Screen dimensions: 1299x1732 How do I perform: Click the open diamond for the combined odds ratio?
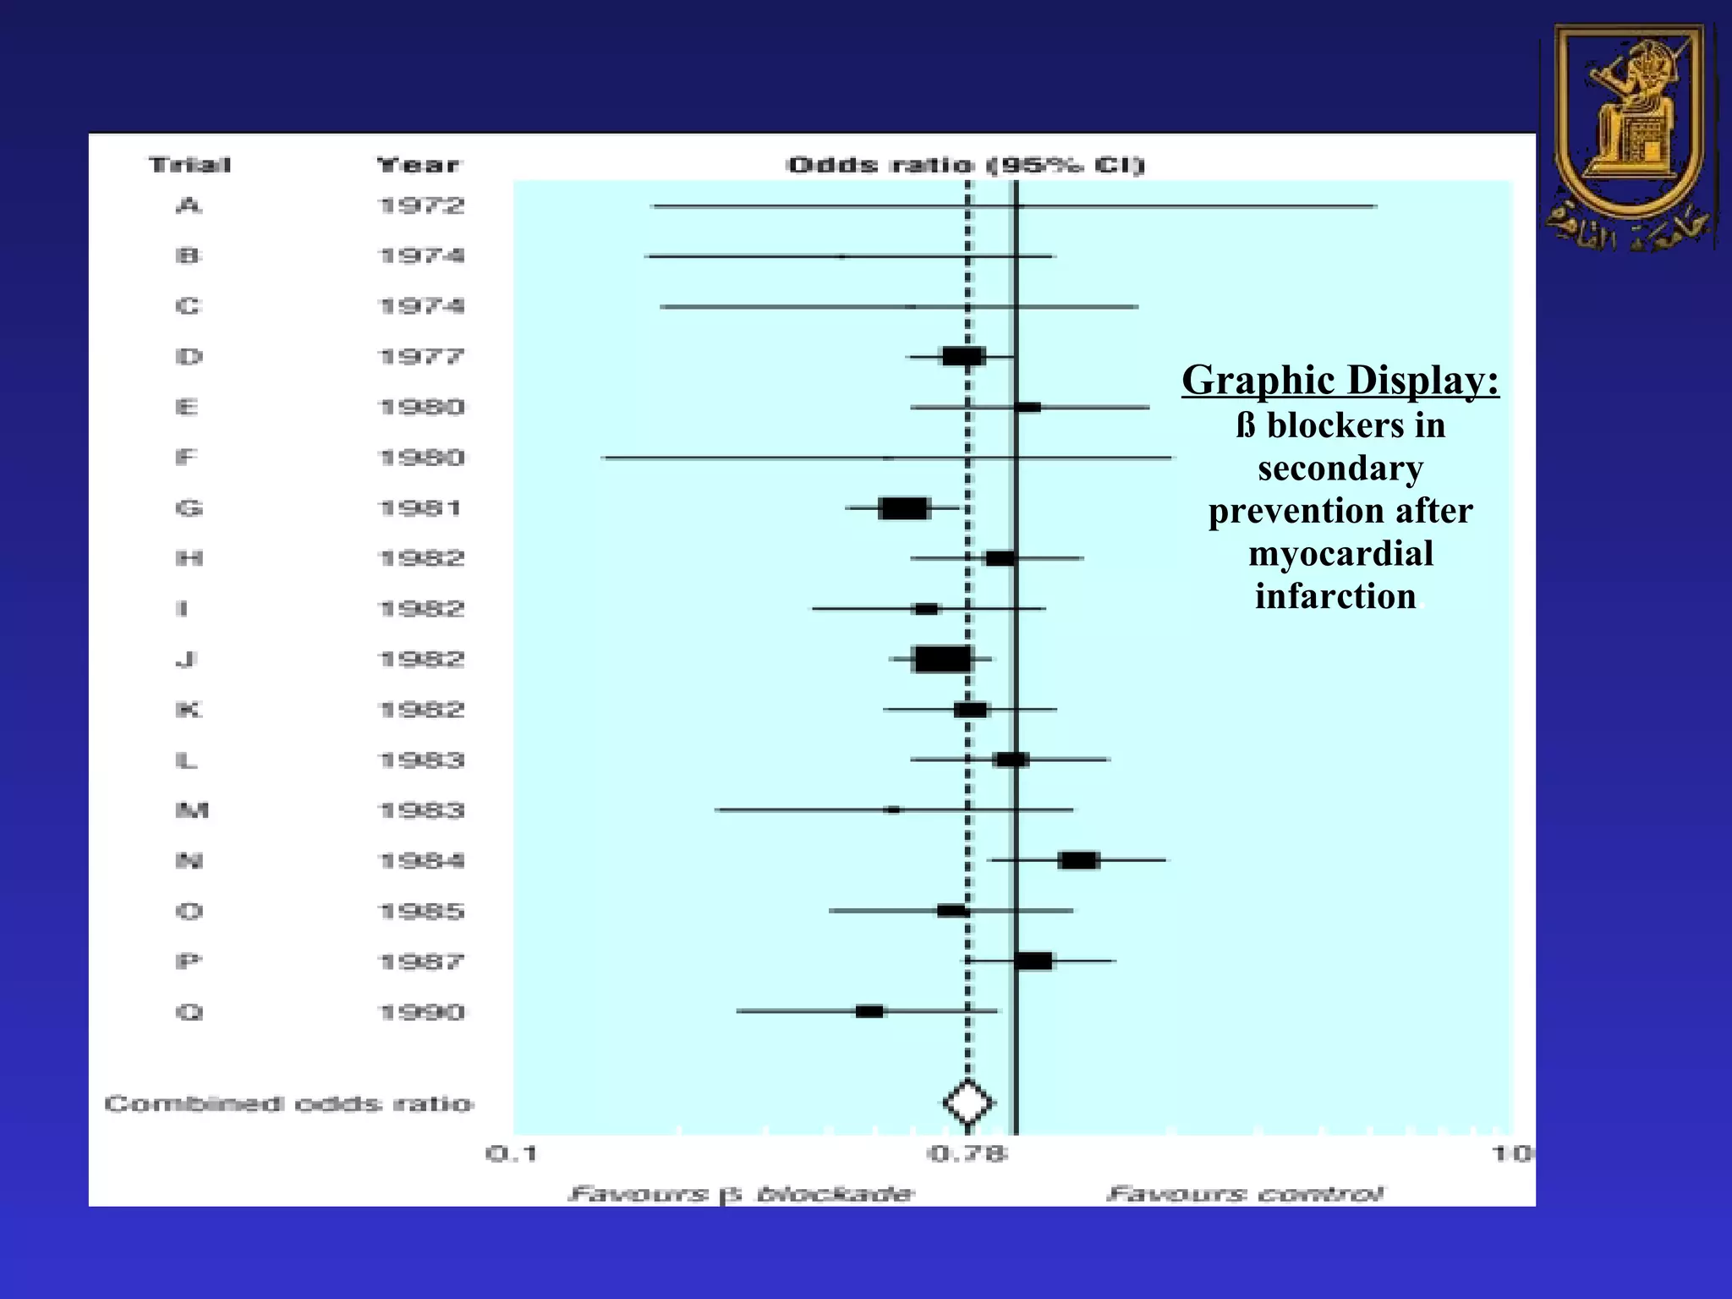pyautogui.click(x=968, y=1103)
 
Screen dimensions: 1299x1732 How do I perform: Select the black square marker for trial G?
pyautogui.click(x=904, y=508)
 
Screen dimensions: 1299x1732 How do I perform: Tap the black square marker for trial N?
pyautogui.click(x=1078, y=860)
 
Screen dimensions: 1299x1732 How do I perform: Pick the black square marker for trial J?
pyautogui.click(x=943, y=659)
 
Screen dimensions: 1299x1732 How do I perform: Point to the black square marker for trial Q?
pyautogui.click(x=869, y=1011)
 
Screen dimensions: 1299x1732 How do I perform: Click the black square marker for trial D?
pyautogui.click(x=963, y=356)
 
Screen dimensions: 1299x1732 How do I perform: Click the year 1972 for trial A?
pyautogui.click(x=421, y=206)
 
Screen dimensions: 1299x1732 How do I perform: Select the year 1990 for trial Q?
pyautogui.click(x=421, y=1011)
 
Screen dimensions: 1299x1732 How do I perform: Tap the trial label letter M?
pyautogui.click(x=191, y=810)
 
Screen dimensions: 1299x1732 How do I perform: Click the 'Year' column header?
pyautogui.click(x=418, y=165)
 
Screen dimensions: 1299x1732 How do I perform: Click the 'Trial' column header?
pyautogui.click(x=189, y=165)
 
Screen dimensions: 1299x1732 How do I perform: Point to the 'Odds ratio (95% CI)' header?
pyautogui.click(x=965, y=165)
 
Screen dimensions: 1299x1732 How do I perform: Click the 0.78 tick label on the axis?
pyautogui.click(x=968, y=1154)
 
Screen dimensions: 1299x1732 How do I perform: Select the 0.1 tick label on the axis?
pyautogui.click(x=512, y=1154)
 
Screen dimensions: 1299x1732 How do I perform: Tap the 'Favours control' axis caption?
pyautogui.click(x=1244, y=1194)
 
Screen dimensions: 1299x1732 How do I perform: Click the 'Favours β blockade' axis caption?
pyautogui.click(x=741, y=1194)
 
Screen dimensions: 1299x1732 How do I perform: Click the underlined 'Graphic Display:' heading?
pyautogui.click(x=1340, y=380)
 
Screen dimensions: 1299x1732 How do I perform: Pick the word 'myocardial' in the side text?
pyautogui.click(x=1340, y=554)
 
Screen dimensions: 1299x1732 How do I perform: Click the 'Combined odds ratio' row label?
pyautogui.click(x=288, y=1104)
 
